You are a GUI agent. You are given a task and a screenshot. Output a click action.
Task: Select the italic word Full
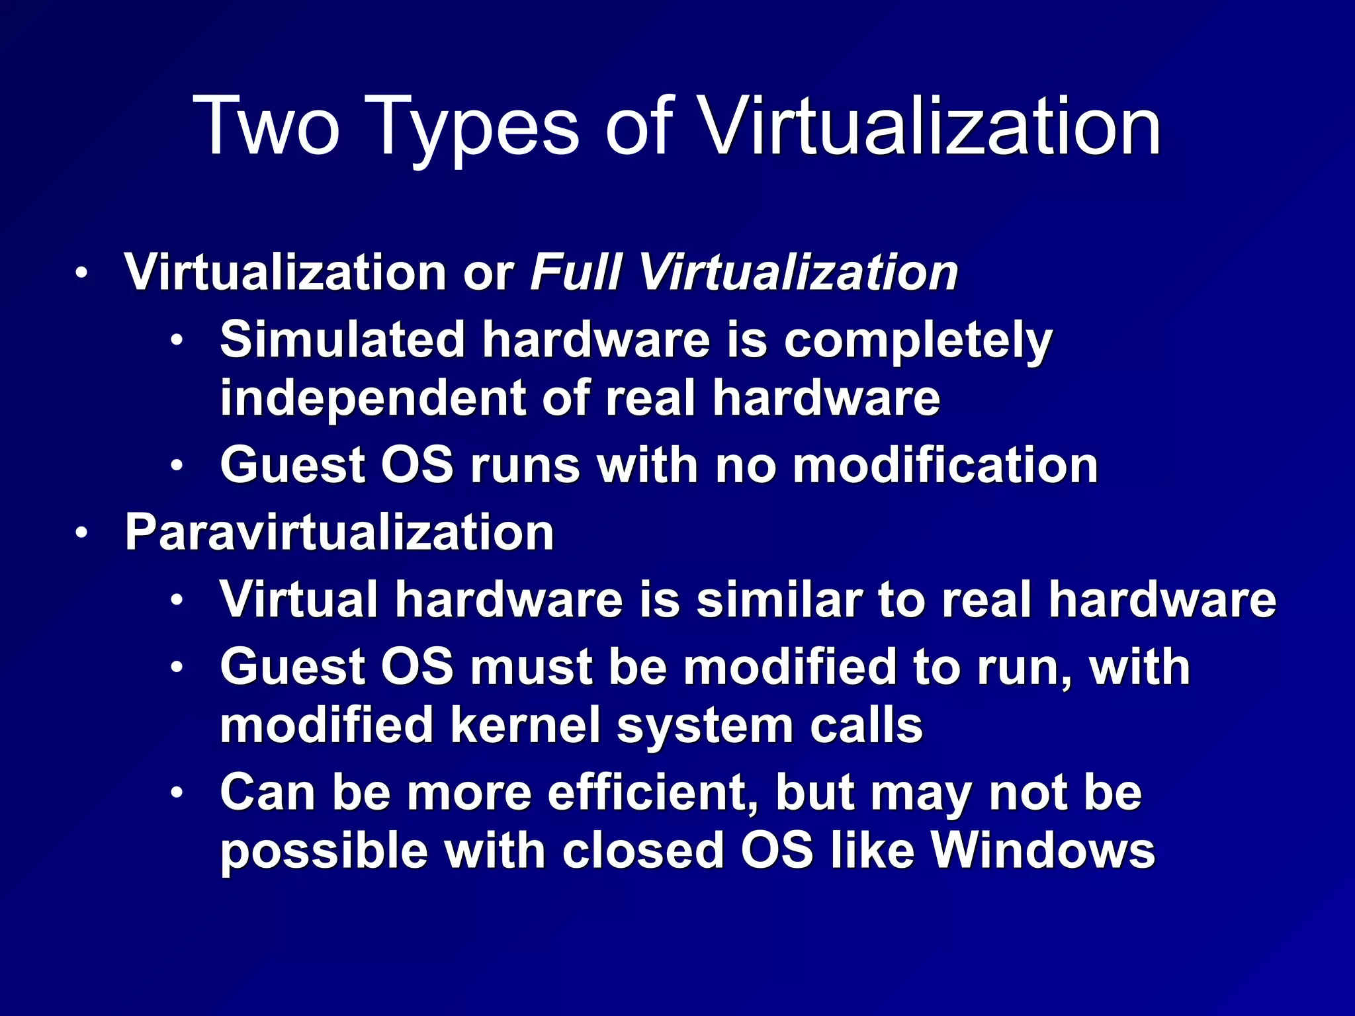pos(576,272)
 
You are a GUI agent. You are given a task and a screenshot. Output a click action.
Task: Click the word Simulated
pos(343,339)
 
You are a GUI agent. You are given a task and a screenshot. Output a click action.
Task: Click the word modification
pos(945,465)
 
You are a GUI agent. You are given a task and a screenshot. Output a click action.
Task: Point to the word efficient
pos(651,792)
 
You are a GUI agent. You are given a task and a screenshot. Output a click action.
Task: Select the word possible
pos(324,851)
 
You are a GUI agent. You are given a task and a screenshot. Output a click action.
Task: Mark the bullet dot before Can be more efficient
pos(176,793)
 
